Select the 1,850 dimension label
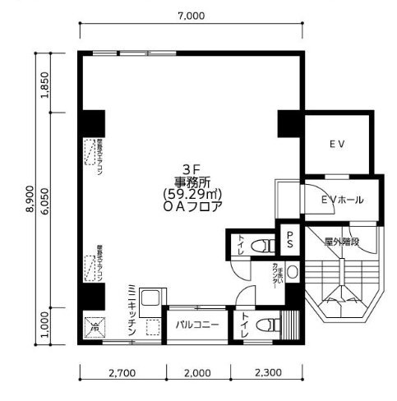click(x=46, y=83)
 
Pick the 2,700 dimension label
click(x=122, y=372)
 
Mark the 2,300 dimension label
click(x=267, y=372)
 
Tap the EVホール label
click(x=344, y=200)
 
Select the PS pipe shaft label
click(x=290, y=239)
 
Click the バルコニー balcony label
click(x=196, y=325)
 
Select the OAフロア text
click(x=192, y=208)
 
